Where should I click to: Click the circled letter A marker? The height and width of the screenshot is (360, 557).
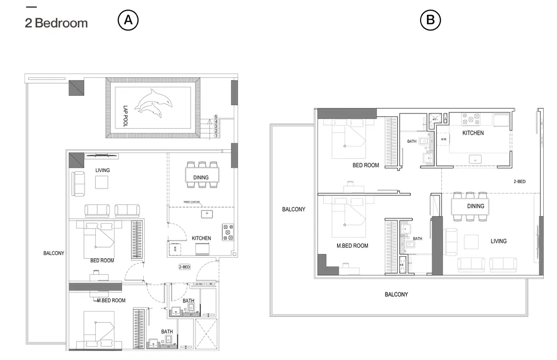128,20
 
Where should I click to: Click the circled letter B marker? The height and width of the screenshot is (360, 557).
430,20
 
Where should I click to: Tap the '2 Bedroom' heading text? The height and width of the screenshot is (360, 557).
56,23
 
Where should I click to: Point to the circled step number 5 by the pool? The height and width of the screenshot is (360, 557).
216,116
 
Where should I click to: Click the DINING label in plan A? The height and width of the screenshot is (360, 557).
201,177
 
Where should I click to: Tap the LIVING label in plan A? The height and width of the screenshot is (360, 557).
102,170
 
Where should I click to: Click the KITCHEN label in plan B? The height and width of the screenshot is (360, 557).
472,133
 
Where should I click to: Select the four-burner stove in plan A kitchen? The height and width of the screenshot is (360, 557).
228,232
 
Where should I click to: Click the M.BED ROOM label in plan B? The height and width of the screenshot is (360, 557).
352,246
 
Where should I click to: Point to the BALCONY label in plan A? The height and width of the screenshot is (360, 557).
54,253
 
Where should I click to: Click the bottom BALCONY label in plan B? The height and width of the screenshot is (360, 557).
396,294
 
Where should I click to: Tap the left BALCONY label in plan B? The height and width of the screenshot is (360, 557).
293,210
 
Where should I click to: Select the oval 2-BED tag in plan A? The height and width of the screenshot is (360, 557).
184,267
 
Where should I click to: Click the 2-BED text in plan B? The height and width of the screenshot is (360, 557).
519,182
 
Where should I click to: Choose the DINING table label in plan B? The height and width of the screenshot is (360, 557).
476,206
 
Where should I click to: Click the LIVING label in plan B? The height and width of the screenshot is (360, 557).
498,241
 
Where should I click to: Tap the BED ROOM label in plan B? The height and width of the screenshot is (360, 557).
365,166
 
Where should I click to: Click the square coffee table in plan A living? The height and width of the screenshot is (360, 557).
102,182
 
